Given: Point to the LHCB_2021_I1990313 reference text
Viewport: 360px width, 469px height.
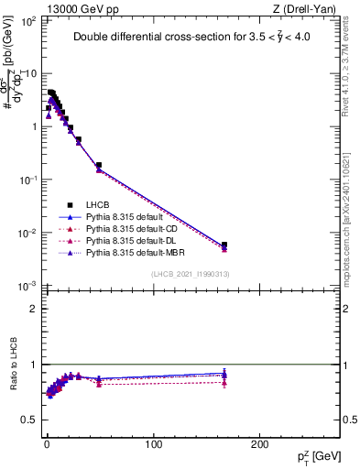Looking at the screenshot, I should pos(191,275).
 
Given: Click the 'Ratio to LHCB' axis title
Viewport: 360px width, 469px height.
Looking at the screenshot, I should pos(13,366).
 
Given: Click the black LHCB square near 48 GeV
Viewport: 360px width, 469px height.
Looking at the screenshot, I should pos(98,166).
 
